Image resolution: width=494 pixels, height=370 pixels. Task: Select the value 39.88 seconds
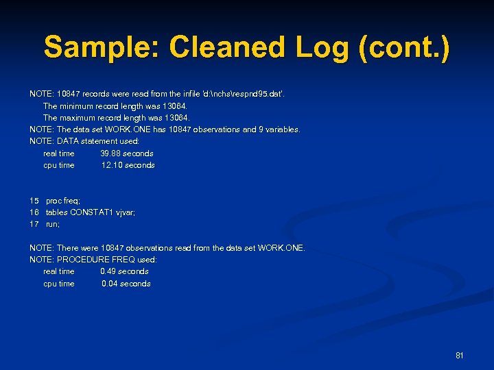tap(126, 153)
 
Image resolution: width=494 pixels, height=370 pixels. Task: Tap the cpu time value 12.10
tap(112, 165)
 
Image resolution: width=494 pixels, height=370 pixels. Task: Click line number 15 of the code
tap(34, 201)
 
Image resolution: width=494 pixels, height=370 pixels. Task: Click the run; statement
tap(53, 224)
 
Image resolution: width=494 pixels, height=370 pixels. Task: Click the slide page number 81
tap(460, 356)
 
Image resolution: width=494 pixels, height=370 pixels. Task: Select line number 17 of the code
tap(34, 224)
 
